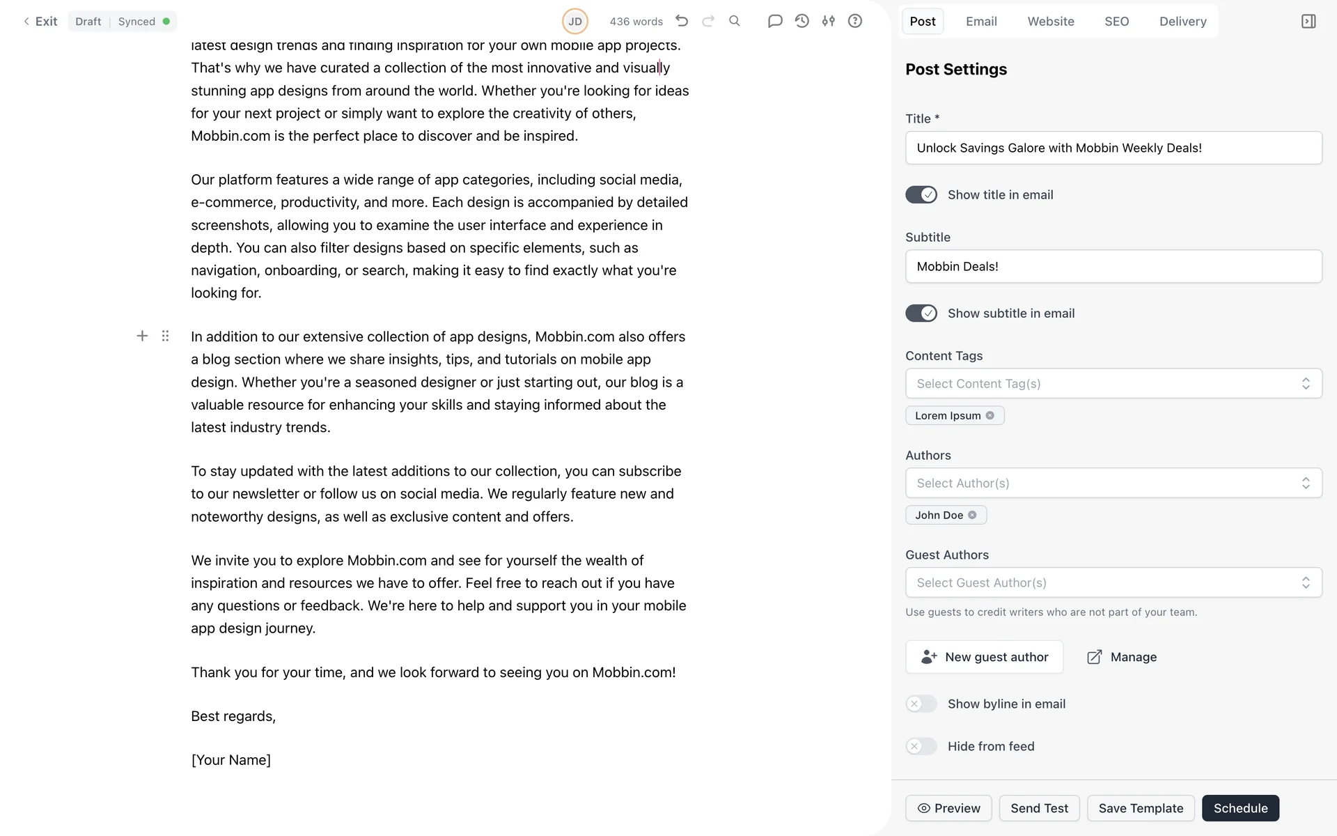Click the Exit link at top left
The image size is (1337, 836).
pyautogui.click(x=40, y=22)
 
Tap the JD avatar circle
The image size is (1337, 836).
pyautogui.click(x=575, y=22)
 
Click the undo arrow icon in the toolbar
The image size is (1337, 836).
pyautogui.click(x=682, y=21)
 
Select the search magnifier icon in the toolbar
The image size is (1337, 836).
pyautogui.click(x=735, y=21)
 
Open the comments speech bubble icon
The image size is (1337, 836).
pyautogui.click(x=775, y=21)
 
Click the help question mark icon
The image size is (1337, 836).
pyautogui.click(x=855, y=21)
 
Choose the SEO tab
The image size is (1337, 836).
pyautogui.click(x=1116, y=22)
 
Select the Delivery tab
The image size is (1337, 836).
pyautogui.click(x=1182, y=22)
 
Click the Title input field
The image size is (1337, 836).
pyautogui.click(x=1113, y=148)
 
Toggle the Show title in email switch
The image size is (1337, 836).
pyautogui.click(x=921, y=195)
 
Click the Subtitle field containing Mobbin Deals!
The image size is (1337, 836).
pyautogui.click(x=1113, y=266)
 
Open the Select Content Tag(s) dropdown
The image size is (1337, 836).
pyautogui.click(x=1113, y=384)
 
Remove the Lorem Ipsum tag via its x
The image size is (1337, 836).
pyautogui.click(x=990, y=416)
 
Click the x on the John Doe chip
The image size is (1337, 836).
pyautogui.click(x=973, y=516)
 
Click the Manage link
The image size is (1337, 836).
pyautogui.click(x=1122, y=657)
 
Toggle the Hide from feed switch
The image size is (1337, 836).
pyautogui.click(x=921, y=746)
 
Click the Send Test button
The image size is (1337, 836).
pyautogui.click(x=1039, y=808)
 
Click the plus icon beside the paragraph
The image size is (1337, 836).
pyautogui.click(x=142, y=336)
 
